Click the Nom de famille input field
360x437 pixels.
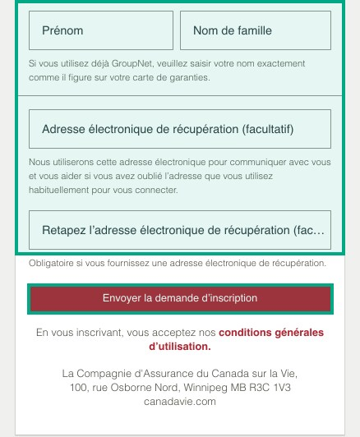click(x=256, y=31)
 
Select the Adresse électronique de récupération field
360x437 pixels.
click(x=179, y=129)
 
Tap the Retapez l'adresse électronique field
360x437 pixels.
click(x=179, y=230)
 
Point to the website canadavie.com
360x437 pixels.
click(x=179, y=402)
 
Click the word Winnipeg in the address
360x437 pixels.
click(x=192, y=388)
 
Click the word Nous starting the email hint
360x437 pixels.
click(x=40, y=163)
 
